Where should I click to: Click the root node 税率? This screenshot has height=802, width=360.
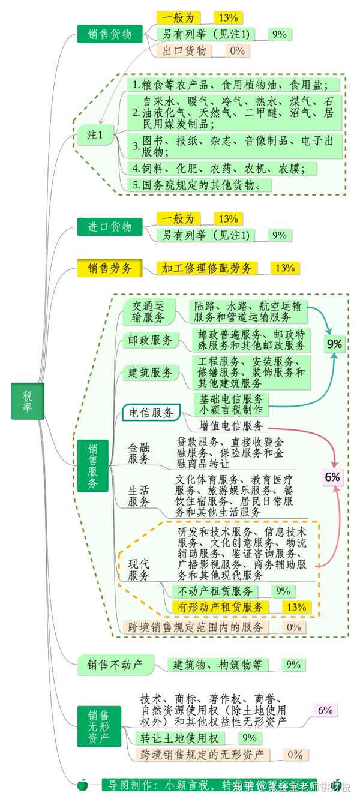(x=28, y=401)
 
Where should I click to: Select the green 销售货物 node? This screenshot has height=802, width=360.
(x=109, y=34)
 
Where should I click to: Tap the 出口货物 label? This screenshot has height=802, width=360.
(x=188, y=50)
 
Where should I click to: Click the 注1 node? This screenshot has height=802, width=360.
(x=95, y=136)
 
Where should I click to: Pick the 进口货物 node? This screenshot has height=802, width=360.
(x=109, y=227)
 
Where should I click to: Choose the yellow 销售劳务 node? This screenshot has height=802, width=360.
(x=109, y=268)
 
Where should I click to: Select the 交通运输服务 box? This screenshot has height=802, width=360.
(x=148, y=311)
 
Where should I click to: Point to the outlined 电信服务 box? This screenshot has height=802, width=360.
(x=151, y=413)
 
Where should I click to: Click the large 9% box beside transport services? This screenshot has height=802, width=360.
(x=334, y=344)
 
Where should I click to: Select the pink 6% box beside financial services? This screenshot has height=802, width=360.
(x=332, y=477)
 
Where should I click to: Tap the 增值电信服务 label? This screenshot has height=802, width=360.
(x=231, y=426)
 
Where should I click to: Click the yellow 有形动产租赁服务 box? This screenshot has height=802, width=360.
(x=221, y=607)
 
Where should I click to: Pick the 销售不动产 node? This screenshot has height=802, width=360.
(x=114, y=664)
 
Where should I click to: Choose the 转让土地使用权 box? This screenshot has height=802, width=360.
(x=180, y=738)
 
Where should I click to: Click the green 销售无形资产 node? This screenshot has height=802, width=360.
(x=98, y=726)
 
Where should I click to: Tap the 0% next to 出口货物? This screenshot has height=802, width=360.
(x=237, y=50)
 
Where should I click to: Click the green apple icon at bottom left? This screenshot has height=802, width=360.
(x=83, y=785)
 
